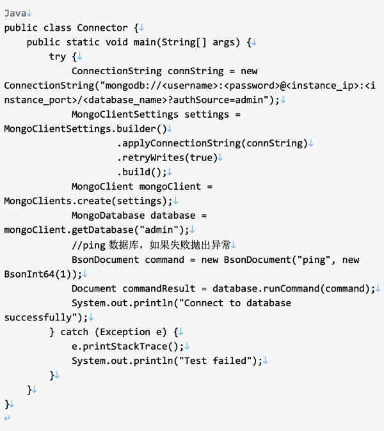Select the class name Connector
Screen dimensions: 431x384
[x=102, y=27]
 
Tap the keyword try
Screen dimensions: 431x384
[x=58, y=56]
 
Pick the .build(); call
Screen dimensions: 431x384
[x=141, y=173]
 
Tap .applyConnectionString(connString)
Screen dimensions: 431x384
[x=212, y=143]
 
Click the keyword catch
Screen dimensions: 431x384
[x=75, y=332]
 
